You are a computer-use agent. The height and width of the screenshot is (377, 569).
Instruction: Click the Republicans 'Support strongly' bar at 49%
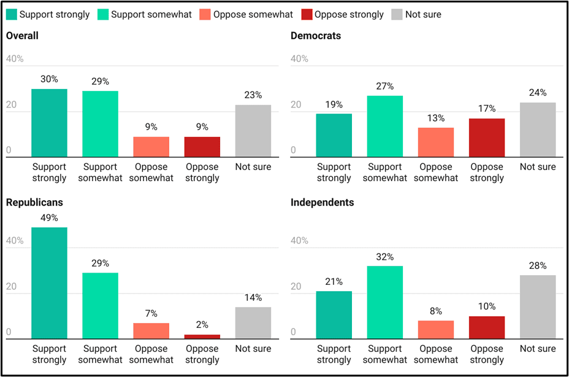[x=49, y=283]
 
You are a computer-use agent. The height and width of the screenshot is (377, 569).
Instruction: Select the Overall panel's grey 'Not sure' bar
[x=253, y=131]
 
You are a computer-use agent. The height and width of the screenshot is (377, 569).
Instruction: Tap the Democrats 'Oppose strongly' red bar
[x=487, y=138]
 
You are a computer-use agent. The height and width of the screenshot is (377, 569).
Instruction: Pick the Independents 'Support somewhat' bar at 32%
[x=385, y=302]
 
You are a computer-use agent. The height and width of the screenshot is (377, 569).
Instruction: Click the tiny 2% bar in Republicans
[x=202, y=336]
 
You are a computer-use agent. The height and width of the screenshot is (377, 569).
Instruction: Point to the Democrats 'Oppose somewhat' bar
[x=436, y=142]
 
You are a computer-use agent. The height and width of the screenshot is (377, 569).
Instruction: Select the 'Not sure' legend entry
[x=422, y=14]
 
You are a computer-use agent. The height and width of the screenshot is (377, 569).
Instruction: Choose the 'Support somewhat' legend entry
[x=151, y=14]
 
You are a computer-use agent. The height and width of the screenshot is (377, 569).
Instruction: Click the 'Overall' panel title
[x=22, y=36]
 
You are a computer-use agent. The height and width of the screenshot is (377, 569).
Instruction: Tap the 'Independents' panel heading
[x=322, y=202]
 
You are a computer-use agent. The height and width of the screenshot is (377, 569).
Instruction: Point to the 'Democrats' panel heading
[x=316, y=36]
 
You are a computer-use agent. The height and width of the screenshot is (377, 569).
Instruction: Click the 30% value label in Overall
[x=49, y=79]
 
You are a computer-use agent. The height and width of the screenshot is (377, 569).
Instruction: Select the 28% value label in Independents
[x=538, y=265]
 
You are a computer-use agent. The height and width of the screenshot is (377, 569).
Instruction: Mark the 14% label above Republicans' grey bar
[x=253, y=297]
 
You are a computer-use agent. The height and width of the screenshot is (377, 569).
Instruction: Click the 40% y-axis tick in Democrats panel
[x=299, y=59]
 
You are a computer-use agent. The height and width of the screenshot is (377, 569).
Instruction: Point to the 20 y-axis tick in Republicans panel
[x=11, y=287]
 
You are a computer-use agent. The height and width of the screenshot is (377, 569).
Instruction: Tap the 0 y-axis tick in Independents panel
[x=294, y=332]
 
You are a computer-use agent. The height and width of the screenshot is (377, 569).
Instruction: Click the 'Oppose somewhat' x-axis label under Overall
[x=151, y=173]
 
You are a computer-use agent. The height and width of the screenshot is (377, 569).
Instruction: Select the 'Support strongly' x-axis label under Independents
[x=334, y=354]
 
